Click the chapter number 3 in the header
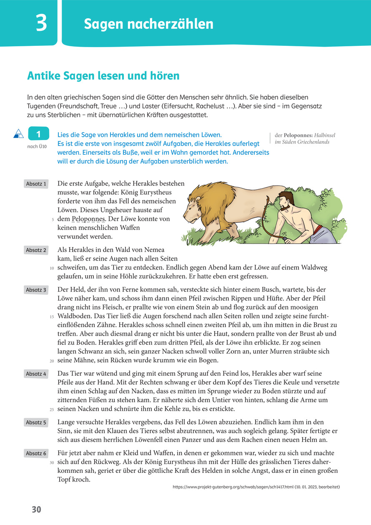(x=41, y=23)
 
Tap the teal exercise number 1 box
(x=38, y=134)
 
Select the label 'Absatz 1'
(x=36, y=184)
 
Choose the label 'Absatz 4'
(x=36, y=374)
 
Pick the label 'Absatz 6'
(x=36, y=453)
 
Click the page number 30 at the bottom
(x=37, y=510)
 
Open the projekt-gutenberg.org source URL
(x=256, y=487)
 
